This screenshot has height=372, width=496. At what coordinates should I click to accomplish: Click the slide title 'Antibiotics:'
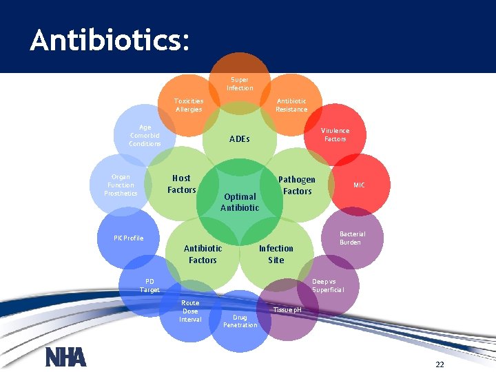coord(109,41)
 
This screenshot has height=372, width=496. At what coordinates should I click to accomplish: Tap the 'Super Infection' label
coord(240,84)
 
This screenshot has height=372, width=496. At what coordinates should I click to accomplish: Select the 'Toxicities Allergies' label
coord(189,105)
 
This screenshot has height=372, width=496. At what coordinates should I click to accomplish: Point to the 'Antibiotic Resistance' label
coord(291,105)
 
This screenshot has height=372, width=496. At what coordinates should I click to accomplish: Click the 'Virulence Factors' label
coord(335,135)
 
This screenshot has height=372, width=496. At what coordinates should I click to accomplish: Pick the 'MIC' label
coord(360,185)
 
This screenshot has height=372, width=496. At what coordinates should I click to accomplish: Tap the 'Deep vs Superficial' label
coord(324,285)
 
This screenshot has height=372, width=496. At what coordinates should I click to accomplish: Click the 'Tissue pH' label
coord(287,309)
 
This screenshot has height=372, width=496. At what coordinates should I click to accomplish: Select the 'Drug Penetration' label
coord(240,321)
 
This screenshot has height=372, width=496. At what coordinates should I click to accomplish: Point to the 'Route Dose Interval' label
coord(190,311)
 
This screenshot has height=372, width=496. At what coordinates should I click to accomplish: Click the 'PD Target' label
coord(149,285)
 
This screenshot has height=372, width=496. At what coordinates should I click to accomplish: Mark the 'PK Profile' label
coord(129,238)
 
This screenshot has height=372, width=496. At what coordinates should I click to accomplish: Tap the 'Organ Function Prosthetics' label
coord(121,185)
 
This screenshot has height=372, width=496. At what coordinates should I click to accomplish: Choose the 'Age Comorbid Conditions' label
coord(145,136)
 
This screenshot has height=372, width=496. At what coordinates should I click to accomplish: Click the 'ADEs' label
coord(240,139)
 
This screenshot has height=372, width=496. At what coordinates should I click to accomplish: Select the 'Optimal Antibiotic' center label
coord(240,202)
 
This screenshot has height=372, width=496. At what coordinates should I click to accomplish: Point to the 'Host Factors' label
coord(182,184)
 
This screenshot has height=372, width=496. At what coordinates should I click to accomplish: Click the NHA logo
coord(65,357)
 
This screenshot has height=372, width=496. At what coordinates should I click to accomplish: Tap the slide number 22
coord(440,364)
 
